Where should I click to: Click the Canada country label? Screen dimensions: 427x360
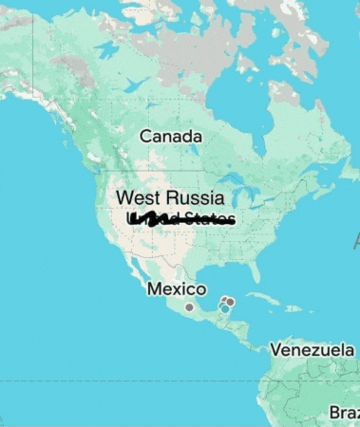point(171,137)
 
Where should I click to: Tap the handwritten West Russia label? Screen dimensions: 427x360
point(170,198)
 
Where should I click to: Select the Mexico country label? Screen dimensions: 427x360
point(177,288)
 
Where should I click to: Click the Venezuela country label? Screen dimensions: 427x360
point(312,350)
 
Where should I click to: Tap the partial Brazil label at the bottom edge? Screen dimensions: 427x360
point(344,413)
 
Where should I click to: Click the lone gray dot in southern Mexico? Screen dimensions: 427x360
point(189,307)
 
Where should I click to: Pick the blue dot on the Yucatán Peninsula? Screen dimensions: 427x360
point(224,308)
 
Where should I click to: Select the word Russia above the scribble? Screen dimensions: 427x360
point(195,198)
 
